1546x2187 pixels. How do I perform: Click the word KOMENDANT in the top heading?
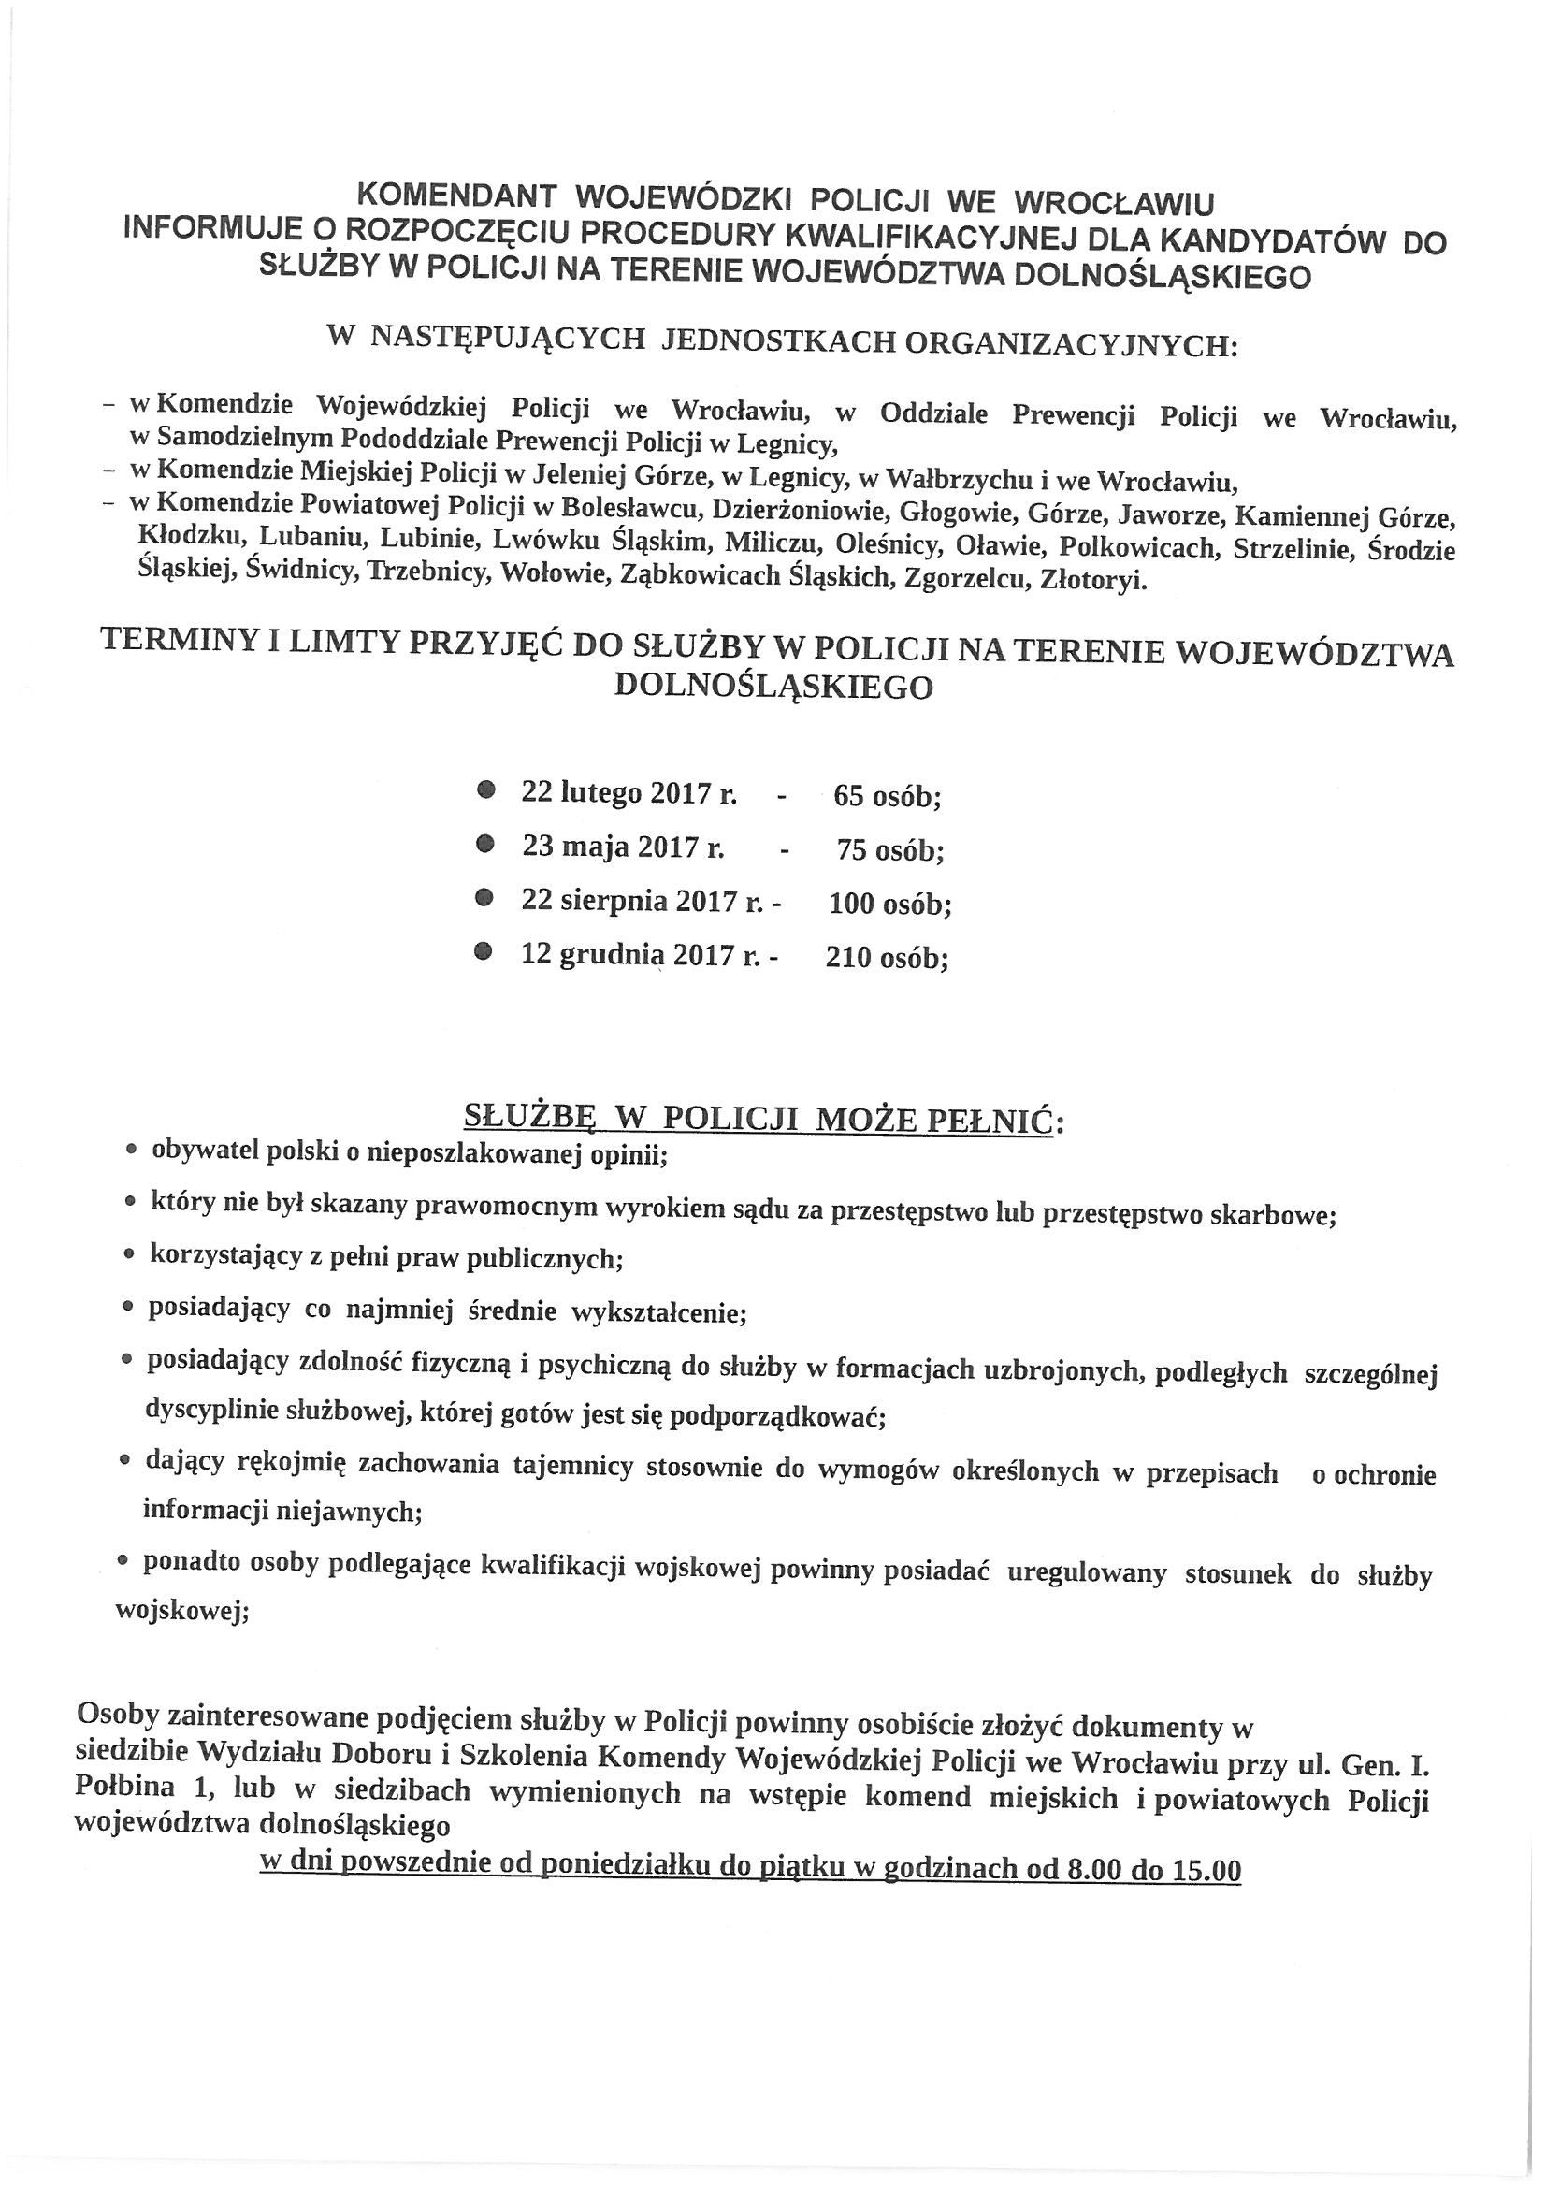[455, 198]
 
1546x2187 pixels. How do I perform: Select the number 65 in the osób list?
[849, 795]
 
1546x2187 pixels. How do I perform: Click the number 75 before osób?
[854, 849]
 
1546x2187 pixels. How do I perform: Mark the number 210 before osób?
[847, 957]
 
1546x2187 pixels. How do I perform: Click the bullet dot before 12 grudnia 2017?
[485, 949]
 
